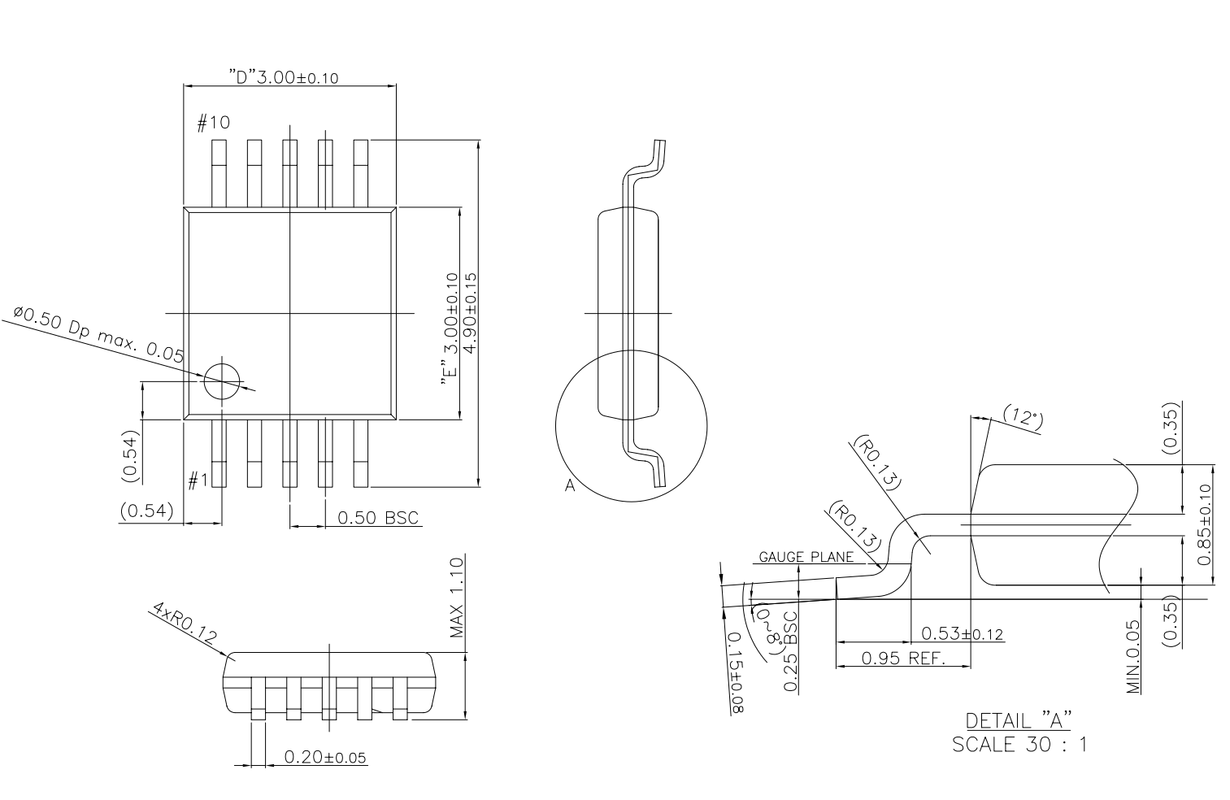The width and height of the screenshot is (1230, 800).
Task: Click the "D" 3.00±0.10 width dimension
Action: [x=283, y=77]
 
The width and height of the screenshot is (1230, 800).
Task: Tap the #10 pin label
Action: [x=214, y=123]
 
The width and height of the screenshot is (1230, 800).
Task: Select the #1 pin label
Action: [x=198, y=481]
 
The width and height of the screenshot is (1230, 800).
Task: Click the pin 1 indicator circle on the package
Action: [x=222, y=380]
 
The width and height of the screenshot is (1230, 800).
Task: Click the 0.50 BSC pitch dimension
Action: [x=378, y=518]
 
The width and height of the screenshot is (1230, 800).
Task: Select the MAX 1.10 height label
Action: [x=457, y=598]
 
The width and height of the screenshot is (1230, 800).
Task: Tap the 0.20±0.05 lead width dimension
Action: [x=324, y=758]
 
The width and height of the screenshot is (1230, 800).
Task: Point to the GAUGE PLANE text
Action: [x=806, y=557]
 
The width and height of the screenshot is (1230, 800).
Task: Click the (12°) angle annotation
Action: [x=1022, y=416]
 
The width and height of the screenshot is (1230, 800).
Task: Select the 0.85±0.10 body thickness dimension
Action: [x=1204, y=524]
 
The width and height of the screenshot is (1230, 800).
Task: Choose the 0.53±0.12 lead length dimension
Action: [x=963, y=633]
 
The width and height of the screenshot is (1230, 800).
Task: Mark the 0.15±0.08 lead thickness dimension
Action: [x=736, y=673]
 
